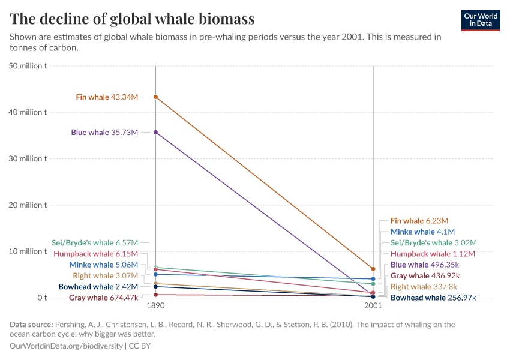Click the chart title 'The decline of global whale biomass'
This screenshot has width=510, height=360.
click(x=133, y=19)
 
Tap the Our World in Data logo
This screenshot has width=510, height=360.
click(x=480, y=20)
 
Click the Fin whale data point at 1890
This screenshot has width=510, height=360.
click(x=155, y=97)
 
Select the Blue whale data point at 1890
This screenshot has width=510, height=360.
click(x=155, y=132)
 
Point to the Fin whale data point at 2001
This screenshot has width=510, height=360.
click(x=373, y=269)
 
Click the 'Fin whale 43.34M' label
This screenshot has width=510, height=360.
click(x=107, y=97)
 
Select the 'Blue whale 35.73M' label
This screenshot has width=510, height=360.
click(x=104, y=132)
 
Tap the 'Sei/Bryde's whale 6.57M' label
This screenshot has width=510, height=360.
click(x=95, y=243)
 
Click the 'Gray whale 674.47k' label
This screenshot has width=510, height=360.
click(x=103, y=298)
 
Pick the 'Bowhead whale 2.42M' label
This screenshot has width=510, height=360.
click(x=98, y=287)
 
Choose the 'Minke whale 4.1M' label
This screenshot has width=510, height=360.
click(x=422, y=232)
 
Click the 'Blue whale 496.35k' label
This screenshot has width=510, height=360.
click(x=425, y=265)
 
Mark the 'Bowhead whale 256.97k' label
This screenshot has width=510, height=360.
click(x=434, y=298)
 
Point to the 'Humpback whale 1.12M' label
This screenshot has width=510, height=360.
click(x=433, y=254)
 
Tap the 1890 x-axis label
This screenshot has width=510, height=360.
click(x=155, y=305)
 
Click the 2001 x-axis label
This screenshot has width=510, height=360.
click(x=373, y=305)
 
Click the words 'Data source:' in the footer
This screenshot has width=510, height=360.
click(x=31, y=325)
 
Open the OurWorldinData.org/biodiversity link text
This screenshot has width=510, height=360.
click(x=66, y=346)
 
